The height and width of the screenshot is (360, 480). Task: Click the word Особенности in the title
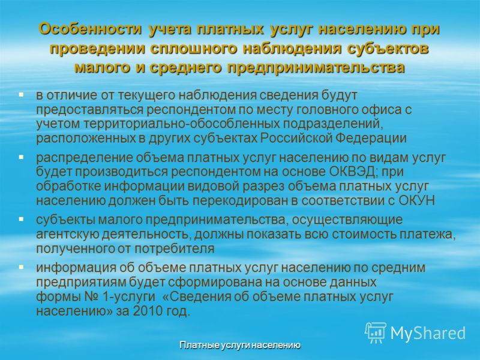coord(91,29)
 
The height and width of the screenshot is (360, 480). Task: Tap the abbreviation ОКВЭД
coord(352,172)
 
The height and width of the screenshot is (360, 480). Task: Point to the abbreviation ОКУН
coord(416,201)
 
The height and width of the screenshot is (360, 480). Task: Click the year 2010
coord(147,311)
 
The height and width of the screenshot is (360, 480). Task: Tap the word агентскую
coord(67,235)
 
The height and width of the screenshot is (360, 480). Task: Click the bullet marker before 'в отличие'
coord(21,95)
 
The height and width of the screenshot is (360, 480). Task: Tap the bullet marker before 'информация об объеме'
coord(21,267)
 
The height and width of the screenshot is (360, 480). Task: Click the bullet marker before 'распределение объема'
coord(21,157)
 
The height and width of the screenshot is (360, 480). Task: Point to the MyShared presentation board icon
coord(376,332)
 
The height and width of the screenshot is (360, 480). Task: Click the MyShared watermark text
coord(428,333)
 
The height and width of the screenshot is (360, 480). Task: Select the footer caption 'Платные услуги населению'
coord(239,346)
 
